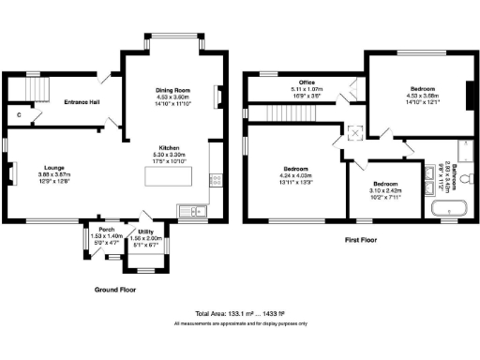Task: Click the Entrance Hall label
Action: [82, 101]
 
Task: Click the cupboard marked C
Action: [20, 115]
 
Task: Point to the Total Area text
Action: [239, 312]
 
